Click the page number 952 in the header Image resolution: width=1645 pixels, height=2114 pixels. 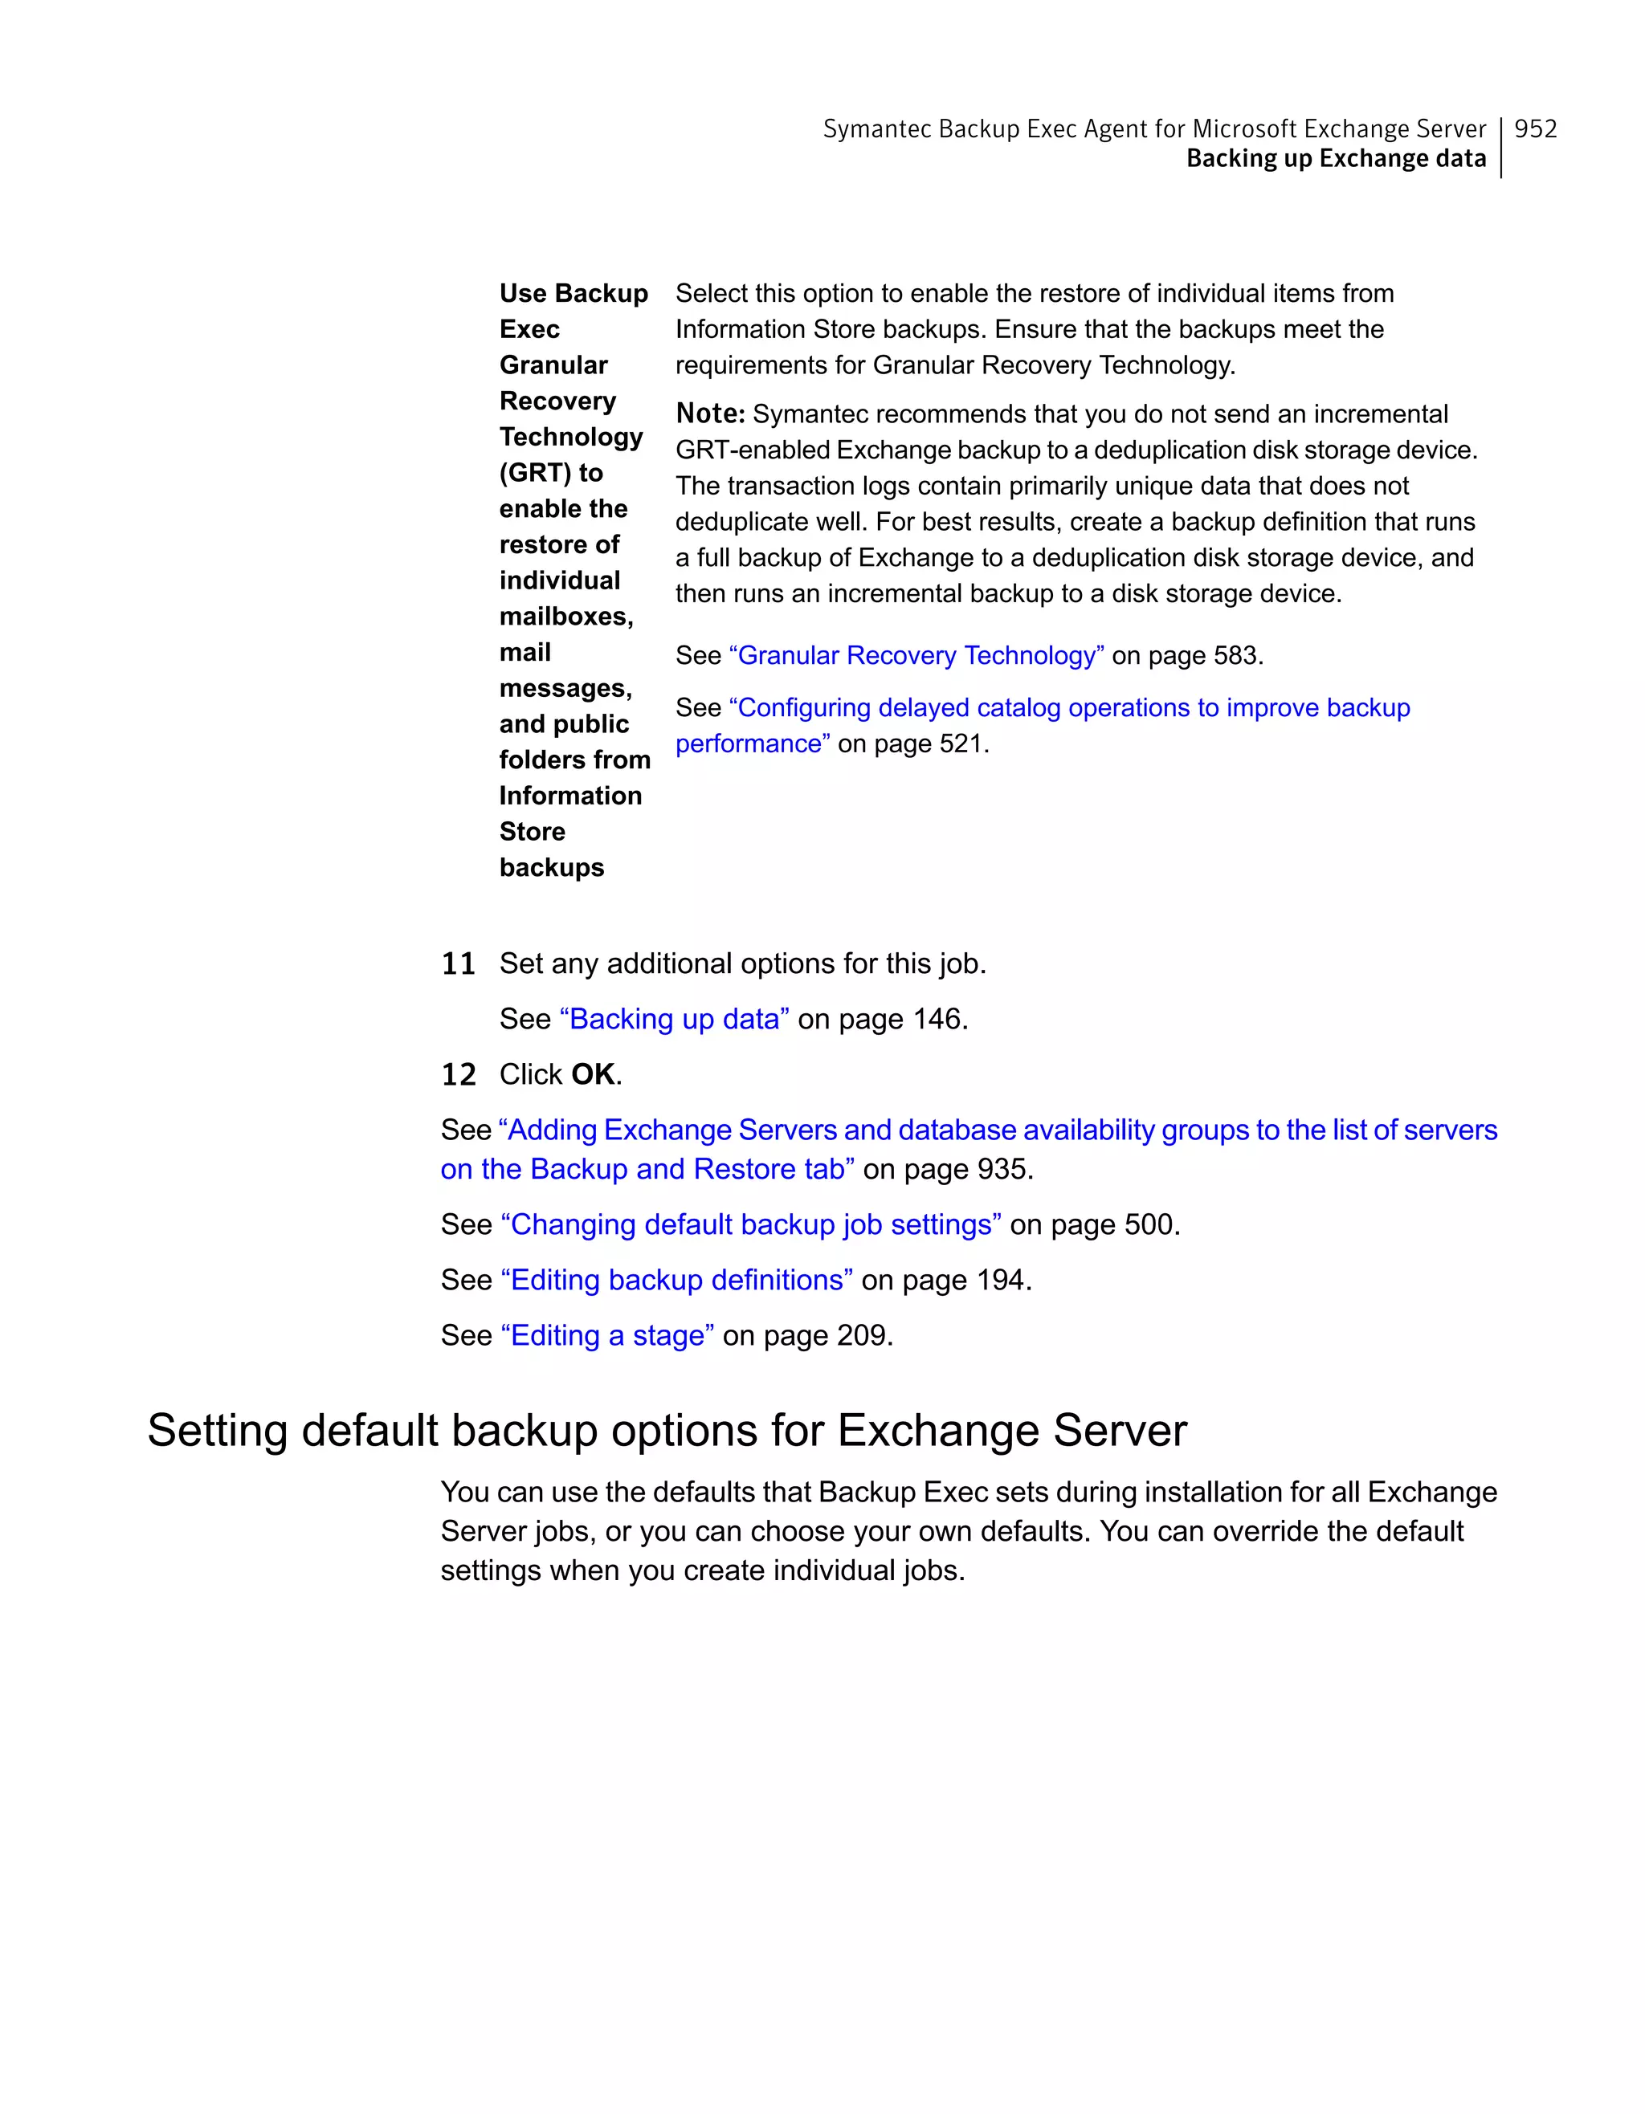click(x=1535, y=128)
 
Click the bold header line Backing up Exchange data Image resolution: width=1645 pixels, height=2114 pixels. click(x=1335, y=159)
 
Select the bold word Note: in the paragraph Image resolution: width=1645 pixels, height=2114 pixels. click(x=710, y=414)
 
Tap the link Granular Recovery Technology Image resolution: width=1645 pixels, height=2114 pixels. click(x=916, y=656)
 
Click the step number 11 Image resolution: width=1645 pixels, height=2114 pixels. click(x=458, y=964)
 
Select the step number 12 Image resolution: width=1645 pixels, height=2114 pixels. click(x=458, y=1075)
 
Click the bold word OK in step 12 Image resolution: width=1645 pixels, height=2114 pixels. click(x=593, y=1075)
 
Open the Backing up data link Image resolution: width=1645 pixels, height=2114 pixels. click(x=674, y=1019)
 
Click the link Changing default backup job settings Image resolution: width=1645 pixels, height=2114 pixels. click(x=750, y=1225)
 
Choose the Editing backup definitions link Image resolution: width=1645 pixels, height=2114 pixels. click(x=676, y=1281)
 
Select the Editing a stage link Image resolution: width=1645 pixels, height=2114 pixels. click(x=607, y=1336)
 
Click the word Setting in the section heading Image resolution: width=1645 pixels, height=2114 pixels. click(x=218, y=1432)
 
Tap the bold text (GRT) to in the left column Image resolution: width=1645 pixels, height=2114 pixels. click(x=551, y=474)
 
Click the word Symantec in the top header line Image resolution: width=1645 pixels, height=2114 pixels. click(x=876, y=128)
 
